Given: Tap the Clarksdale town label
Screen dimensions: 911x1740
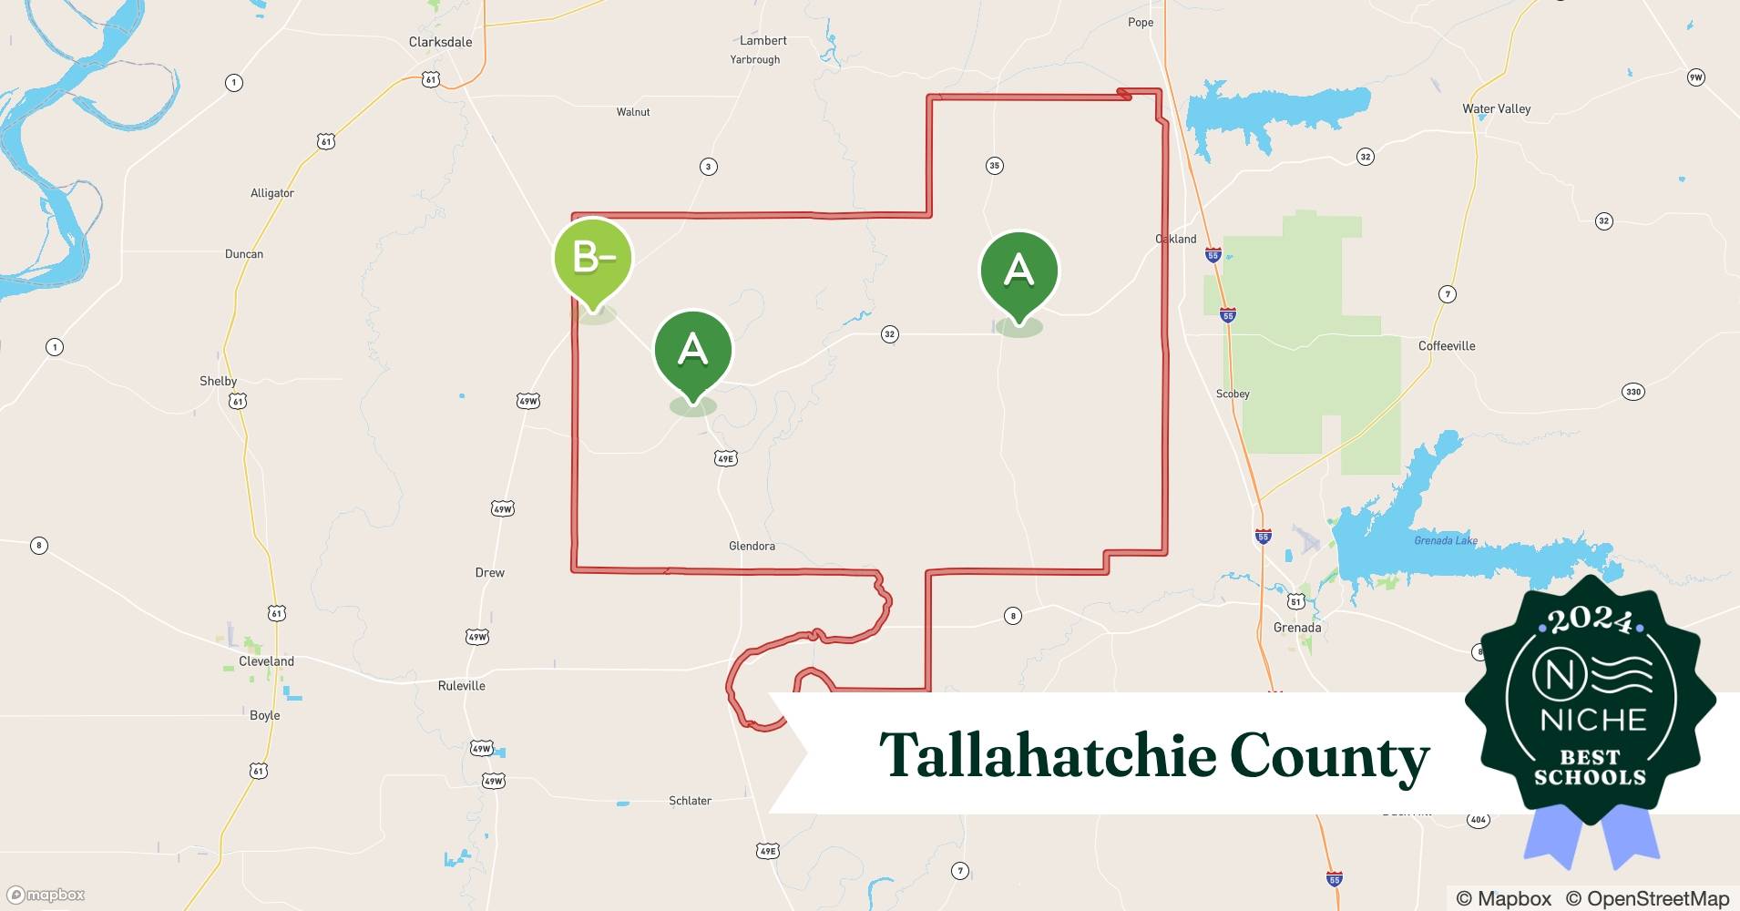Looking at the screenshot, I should pyautogui.click(x=440, y=42).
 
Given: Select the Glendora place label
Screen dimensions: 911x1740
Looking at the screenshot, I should pyautogui.click(x=752, y=546).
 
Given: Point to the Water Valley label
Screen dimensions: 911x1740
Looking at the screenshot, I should pyautogui.click(x=1496, y=108).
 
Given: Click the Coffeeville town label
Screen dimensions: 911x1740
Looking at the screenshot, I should pyautogui.click(x=1446, y=345).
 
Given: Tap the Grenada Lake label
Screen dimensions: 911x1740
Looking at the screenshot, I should pyautogui.click(x=1446, y=540).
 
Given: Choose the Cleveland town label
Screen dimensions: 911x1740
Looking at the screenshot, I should pyautogui.click(x=266, y=661).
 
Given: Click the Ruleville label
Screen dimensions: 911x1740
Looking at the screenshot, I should pyautogui.click(x=461, y=685).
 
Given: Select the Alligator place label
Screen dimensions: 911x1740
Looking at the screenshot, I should pyautogui.click(x=271, y=193).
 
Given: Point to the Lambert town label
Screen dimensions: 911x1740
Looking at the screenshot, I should pyautogui.click(x=763, y=40).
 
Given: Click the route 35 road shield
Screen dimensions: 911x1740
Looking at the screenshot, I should pyautogui.click(x=994, y=166).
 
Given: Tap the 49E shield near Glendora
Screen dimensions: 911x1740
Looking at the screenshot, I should pyautogui.click(x=725, y=458).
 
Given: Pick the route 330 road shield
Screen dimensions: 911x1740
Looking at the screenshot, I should pyautogui.click(x=1633, y=392).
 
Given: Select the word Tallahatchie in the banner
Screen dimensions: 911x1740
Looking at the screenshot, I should pyautogui.click(x=1048, y=755).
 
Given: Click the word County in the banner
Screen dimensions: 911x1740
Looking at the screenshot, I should pyautogui.click(x=1329, y=755).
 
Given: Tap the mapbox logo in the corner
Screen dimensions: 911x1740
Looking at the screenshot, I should pyautogui.click(x=46, y=895).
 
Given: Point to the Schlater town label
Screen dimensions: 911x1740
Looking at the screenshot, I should pyautogui.click(x=690, y=801).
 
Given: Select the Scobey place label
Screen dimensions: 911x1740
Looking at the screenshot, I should pyautogui.click(x=1232, y=394).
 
